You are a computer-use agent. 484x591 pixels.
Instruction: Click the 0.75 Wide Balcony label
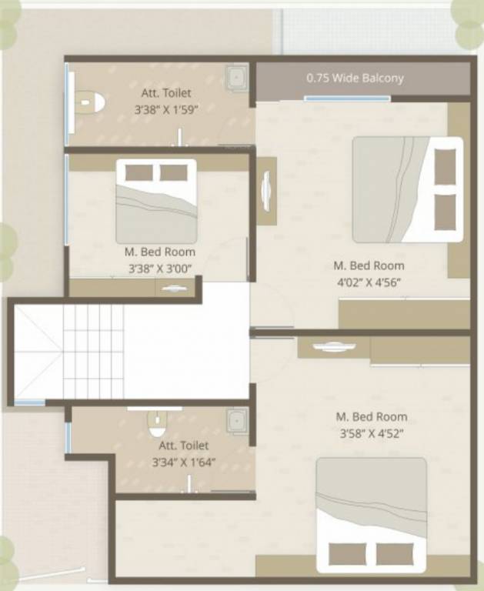pyautogui.click(x=355, y=78)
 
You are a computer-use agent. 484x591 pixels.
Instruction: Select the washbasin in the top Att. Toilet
pyautogui.click(x=236, y=78)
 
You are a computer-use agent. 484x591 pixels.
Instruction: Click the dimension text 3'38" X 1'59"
pyautogui.click(x=166, y=110)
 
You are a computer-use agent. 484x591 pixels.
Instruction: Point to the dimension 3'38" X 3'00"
pyautogui.click(x=160, y=268)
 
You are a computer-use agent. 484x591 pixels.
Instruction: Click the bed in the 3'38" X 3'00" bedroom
pyautogui.click(x=156, y=202)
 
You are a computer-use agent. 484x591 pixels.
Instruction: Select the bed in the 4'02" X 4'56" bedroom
pyautogui.click(x=408, y=189)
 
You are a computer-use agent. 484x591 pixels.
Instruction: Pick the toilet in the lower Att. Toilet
pyautogui.click(x=157, y=422)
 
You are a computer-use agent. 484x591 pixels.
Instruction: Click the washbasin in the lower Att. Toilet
pyautogui.click(x=236, y=421)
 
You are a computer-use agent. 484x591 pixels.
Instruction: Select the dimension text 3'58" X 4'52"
pyautogui.click(x=372, y=433)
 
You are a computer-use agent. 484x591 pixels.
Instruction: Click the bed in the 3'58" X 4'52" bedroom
pyautogui.click(x=371, y=515)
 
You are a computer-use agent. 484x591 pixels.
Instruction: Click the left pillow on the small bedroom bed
pyautogui.click(x=139, y=172)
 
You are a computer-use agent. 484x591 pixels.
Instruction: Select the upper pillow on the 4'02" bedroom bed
pyautogui.click(x=445, y=166)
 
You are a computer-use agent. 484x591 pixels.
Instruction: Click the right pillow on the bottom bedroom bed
pyautogui.click(x=396, y=554)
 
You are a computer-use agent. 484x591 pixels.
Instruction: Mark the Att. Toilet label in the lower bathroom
pyautogui.click(x=184, y=446)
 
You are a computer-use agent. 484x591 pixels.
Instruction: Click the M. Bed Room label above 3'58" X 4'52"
pyautogui.click(x=372, y=416)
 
